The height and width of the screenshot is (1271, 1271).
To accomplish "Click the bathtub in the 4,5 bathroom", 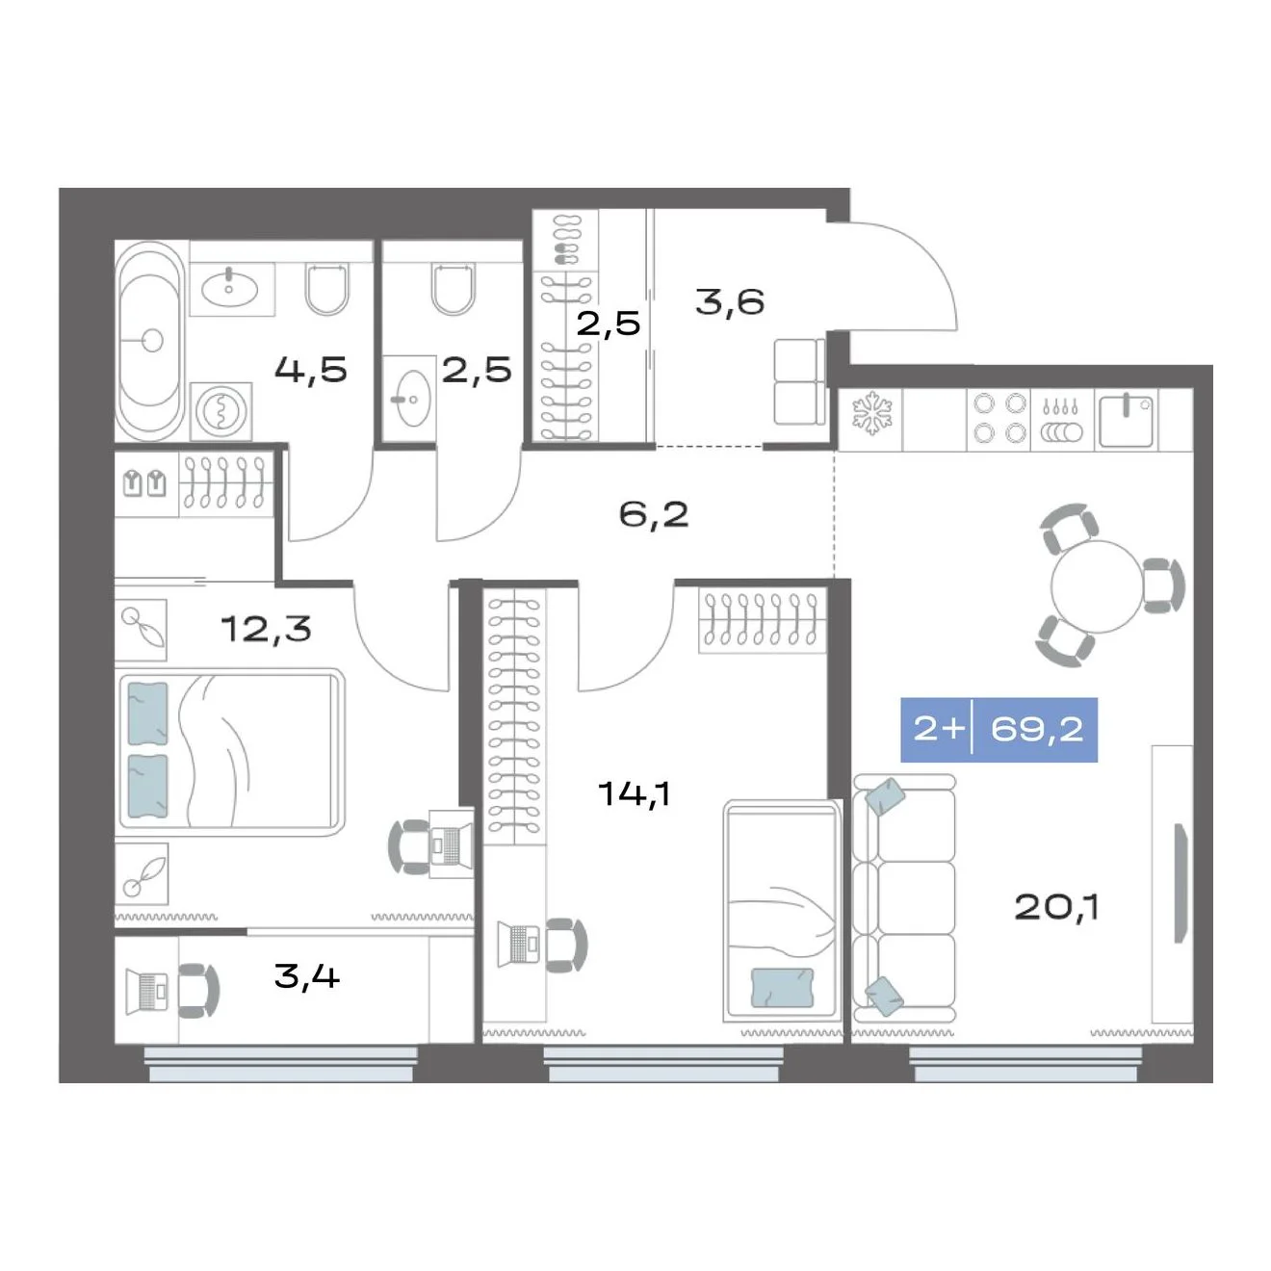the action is [150, 341].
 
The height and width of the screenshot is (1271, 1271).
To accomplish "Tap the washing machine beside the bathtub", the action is [221, 411].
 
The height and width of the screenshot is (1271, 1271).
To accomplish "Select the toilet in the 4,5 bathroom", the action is [326, 289].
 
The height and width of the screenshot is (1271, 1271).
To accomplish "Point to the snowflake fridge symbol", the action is [872, 413].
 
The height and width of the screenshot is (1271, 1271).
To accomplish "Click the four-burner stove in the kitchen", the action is [999, 418].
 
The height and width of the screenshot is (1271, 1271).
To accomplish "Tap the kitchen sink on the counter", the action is [1128, 420].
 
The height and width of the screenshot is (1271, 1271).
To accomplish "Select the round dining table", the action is [1097, 585].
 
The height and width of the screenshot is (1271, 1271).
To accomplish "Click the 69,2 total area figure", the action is [1036, 730].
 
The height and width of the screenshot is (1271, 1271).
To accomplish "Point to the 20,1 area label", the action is [1056, 908].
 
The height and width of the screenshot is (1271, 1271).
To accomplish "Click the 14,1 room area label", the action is [635, 793].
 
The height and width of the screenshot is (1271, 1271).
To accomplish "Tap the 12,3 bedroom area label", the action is [266, 629].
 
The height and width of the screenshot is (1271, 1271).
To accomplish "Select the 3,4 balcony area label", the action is [307, 976].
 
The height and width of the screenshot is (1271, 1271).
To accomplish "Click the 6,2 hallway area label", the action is [654, 514].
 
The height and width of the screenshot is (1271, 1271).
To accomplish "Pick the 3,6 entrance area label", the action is [730, 302].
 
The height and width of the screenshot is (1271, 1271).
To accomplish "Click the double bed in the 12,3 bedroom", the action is [230, 753].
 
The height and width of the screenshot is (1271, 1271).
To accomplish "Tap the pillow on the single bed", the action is [782, 987].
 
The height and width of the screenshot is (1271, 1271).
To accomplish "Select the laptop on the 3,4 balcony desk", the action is [147, 991].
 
